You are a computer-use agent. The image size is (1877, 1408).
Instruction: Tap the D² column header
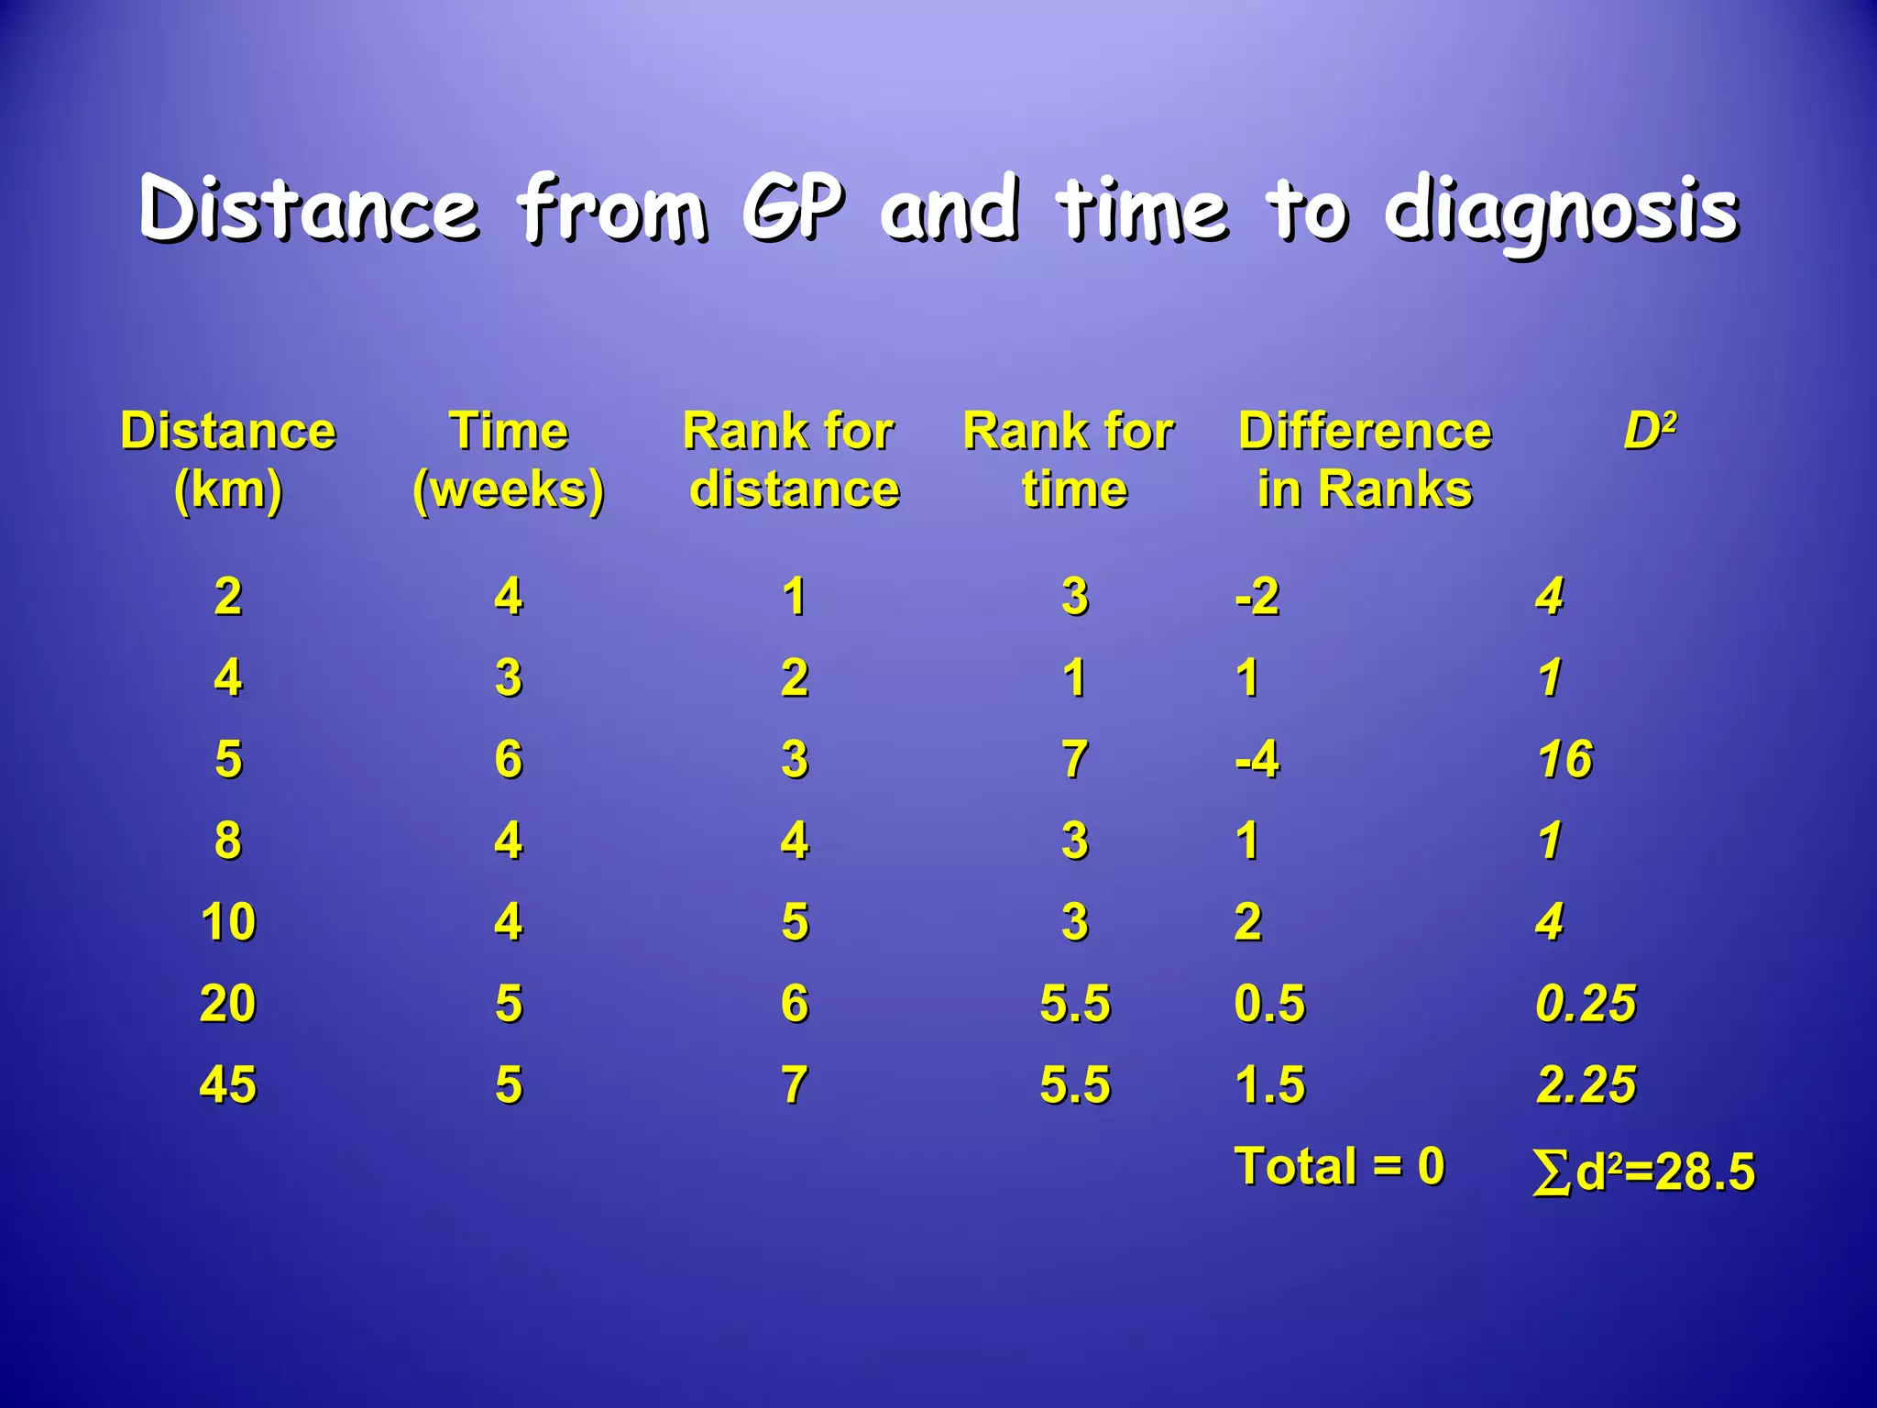1650,430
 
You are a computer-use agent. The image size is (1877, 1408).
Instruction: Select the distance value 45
228,1084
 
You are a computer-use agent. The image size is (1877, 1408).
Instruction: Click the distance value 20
228,1003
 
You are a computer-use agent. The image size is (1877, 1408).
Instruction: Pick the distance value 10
228,921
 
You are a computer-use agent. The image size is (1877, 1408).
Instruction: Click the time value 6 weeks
509,759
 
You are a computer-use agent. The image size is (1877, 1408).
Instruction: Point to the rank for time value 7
1075,759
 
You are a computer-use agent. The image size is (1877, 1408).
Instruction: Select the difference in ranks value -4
1257,759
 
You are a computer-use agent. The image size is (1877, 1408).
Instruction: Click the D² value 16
1565,759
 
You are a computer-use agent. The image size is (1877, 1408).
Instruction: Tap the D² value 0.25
1586,1003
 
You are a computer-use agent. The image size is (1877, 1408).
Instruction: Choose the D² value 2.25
1586,1084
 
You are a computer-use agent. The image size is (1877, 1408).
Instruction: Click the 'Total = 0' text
1339,1166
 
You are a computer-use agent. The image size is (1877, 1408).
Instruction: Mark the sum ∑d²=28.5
1643,1171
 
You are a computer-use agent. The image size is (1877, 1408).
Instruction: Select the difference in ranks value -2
1257,597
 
